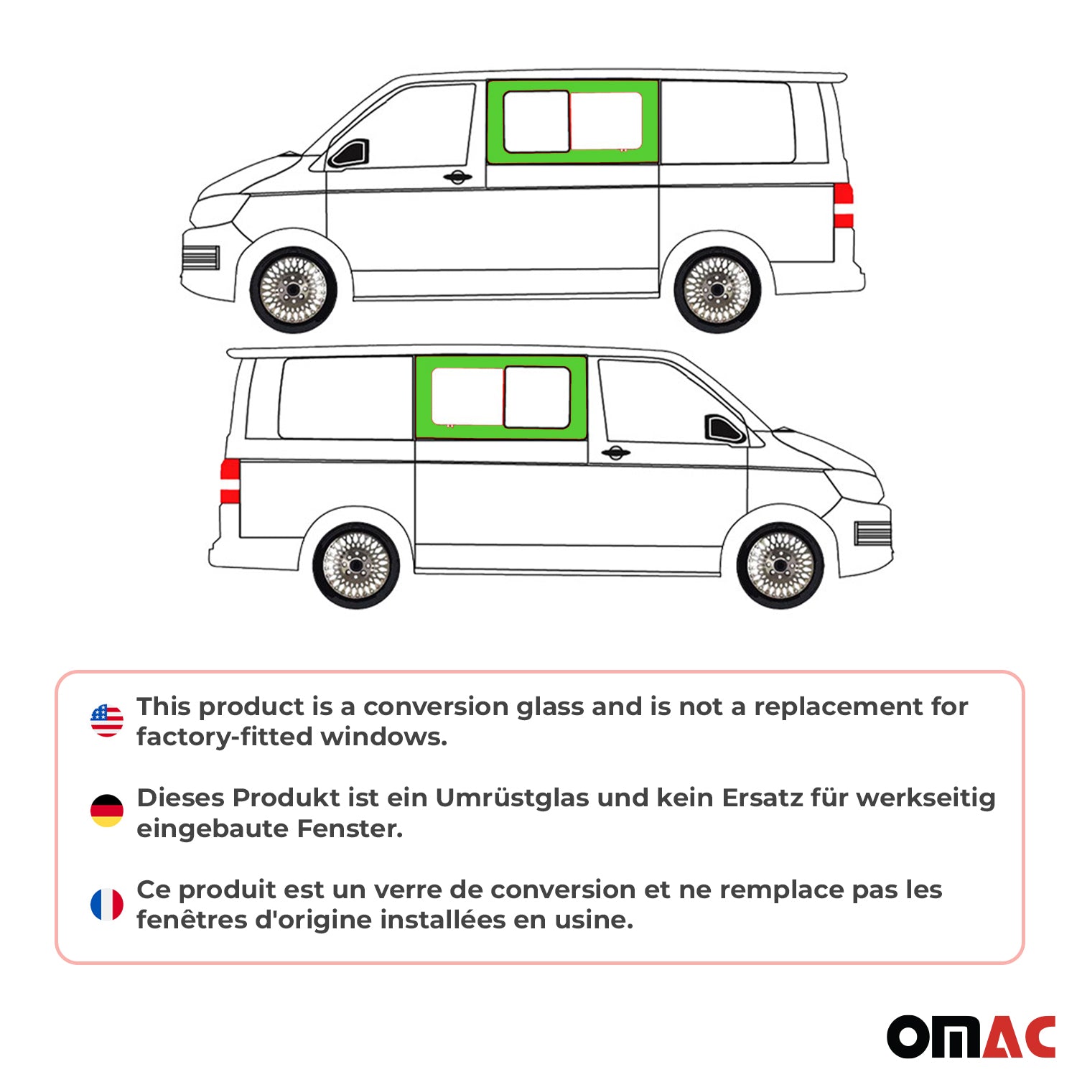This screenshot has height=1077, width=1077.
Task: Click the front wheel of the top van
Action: tap(293, 290)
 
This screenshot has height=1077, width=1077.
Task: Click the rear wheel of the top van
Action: tap(717, 290)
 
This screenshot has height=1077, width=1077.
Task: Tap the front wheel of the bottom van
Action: tap(780, 566)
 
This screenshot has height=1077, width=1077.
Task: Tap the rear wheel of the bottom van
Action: tap(356, 566)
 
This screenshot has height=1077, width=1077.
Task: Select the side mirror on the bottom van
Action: tap(723, 429)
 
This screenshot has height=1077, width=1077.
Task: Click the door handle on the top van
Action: tap(457, 177)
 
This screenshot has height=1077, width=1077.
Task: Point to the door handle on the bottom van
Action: tap(615, 452)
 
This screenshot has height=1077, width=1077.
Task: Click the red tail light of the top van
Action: tap(844, 205)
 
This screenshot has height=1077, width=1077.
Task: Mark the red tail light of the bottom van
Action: tap(230, 481)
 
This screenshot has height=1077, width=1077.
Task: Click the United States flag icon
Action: tap(107, 720)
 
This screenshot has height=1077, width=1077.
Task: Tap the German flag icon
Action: tap(107, 811)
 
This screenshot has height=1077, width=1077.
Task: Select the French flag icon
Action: tap(107, 904)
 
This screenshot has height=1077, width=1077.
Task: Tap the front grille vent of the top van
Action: tap(200, 258)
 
